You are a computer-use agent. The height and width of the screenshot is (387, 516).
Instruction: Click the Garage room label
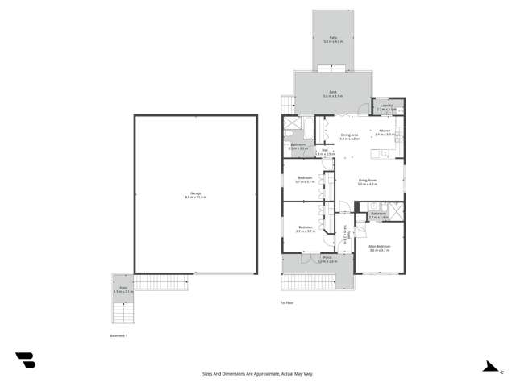click(x=195, y=194)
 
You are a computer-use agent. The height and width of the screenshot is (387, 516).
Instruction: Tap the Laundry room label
click(x=385, y=106)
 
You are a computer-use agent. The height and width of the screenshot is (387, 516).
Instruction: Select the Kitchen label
click(x=385, y=131)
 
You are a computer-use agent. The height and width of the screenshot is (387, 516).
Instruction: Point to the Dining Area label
click(x=349, y=135)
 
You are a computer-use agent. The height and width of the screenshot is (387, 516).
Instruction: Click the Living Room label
click(x=368, y=181)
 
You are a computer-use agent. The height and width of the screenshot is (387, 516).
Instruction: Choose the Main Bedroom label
click(x=379, y=248)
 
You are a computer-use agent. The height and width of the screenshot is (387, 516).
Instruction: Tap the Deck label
click(x=333, y=94)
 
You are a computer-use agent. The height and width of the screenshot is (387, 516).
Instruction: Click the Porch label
click(x=326, y=260)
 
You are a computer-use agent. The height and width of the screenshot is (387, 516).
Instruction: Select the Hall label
click(x=324, y=151)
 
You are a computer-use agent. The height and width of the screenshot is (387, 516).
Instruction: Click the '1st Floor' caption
click(x=286, y=302)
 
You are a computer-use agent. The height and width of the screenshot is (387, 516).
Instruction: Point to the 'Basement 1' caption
click(x=119, y=334)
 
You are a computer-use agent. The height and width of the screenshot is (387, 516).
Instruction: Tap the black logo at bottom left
click(x=25, y=360)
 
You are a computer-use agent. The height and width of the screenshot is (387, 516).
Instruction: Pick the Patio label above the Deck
click(x=333, y=39)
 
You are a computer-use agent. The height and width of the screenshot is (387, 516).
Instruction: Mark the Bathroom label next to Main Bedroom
click(x=379, y=215)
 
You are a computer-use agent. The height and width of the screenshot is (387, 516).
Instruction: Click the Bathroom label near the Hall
click(x=298, y=147)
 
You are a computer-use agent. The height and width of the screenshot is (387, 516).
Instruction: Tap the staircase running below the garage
click(x=161, y=282)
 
